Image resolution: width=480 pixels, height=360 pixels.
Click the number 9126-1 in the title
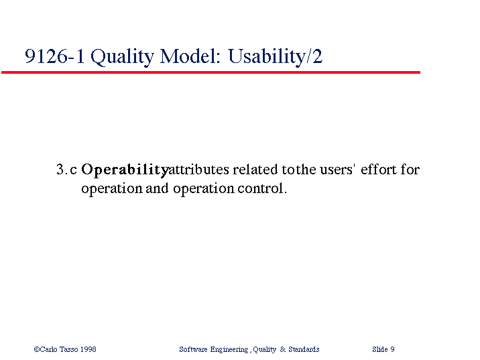click(54, 56)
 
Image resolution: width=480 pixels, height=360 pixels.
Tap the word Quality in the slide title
click(122, 57)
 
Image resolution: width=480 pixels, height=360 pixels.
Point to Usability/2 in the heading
click(276, 57)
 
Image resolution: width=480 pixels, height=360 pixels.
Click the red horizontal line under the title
click(211, 72)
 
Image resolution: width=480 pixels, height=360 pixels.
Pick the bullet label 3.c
click(66, 170)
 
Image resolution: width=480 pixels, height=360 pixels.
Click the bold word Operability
click(125, 170)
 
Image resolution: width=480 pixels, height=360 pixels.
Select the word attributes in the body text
click(199, 170)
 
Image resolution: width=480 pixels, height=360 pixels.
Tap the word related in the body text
click(255, 170)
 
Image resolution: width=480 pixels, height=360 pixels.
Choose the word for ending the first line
click(410, 169)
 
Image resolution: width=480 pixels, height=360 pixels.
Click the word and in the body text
click(157, 188)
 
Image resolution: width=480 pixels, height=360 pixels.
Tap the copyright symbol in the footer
click(37, 349)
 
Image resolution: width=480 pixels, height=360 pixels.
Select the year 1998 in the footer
click(88, 349)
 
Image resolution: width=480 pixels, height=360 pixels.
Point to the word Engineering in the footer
click(229, 349)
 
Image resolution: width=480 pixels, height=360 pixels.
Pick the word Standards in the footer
click(304, 349)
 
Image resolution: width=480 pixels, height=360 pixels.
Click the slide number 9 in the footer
click(392, 349)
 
